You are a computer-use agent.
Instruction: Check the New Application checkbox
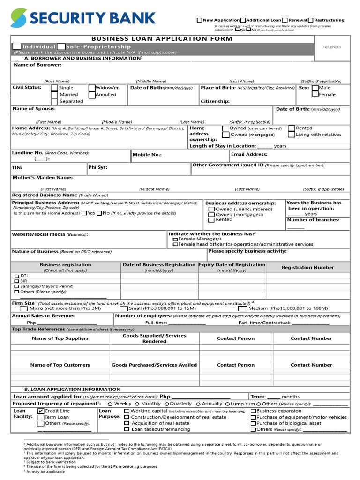[x=199, y=20]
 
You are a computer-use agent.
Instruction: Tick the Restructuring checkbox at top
[x=311, y=20]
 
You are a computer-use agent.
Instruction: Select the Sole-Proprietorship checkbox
[x=61, y=46]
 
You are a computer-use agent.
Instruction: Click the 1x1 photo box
[x=332, y=47]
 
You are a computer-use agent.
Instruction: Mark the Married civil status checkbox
[x=54, y=95]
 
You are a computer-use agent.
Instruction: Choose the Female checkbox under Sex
[x=315, y=94]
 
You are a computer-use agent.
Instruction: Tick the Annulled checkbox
[x=92, y=94]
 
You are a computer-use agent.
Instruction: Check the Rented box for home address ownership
[x=292, y=128]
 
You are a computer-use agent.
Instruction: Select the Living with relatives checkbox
[x=292, y=135]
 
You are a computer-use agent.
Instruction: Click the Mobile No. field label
[x=147, y=154]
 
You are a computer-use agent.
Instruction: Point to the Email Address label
[x=249, y=154]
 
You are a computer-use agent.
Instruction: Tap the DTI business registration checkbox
[x=17, y=276]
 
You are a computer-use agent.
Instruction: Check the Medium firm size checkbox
[x=242, y=308]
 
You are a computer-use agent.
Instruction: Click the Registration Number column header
[x=307, y=267]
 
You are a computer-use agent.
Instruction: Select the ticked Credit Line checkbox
[x=41, y=411]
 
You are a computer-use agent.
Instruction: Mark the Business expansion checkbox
[x=253, y=411]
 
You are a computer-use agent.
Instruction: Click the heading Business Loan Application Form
[x=162, y=38]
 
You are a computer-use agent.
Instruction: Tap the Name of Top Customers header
[x=60, y=365]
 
